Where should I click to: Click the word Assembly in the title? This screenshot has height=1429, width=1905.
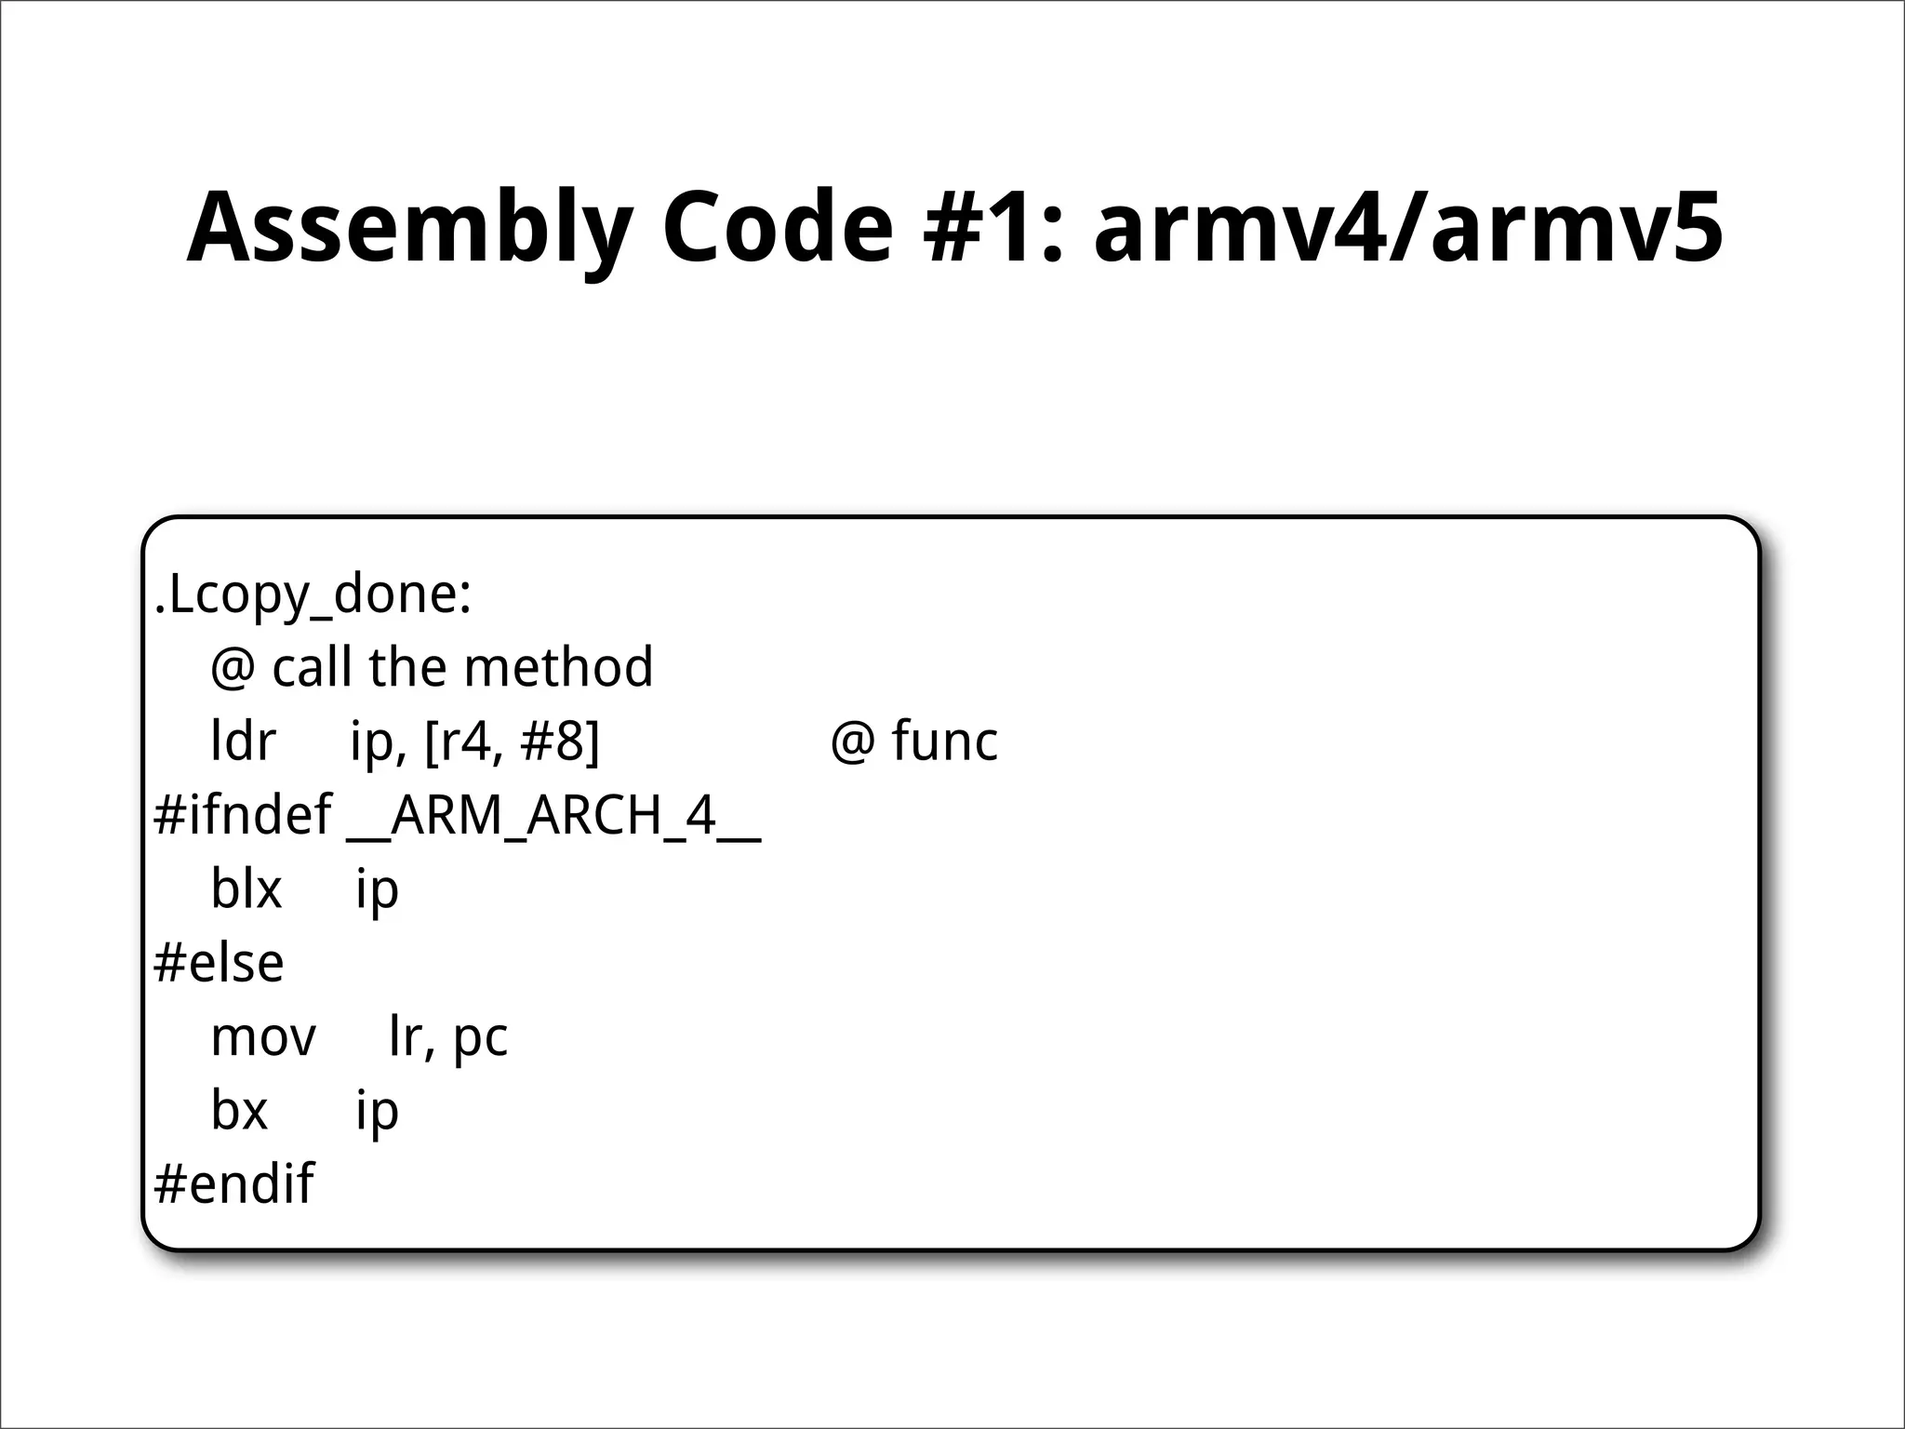pos(409,229)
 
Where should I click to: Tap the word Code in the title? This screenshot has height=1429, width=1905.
pos(778,229)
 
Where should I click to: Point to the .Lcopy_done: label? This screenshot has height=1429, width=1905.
pos(313,594)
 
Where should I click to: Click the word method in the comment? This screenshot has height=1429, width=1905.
pos(558,667)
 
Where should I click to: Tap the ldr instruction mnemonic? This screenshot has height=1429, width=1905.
pos(243,741)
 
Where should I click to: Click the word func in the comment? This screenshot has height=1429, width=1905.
pos(944,741)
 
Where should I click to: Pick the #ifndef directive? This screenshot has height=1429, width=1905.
pos(242,815)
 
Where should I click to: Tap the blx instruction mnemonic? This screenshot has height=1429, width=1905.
pos(246,888)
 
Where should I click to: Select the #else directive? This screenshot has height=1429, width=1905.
pos(219,963)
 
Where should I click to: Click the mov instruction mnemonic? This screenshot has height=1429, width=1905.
pos(263,1036)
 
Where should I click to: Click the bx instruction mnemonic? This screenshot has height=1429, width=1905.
pos(239,1110)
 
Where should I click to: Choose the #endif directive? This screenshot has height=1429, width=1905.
pos(233,1183)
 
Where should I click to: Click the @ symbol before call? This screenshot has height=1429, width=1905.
pos(233,669)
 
